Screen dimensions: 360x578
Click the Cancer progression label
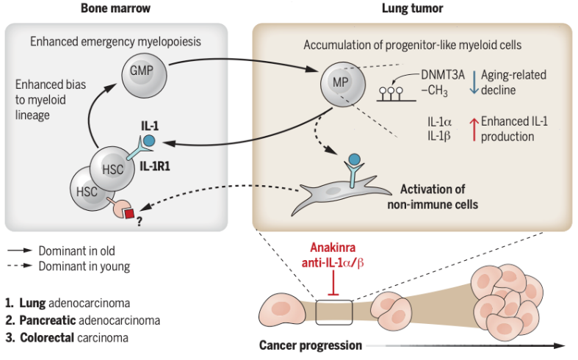311,345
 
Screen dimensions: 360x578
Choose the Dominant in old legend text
77,251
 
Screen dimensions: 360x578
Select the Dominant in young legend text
82,265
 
